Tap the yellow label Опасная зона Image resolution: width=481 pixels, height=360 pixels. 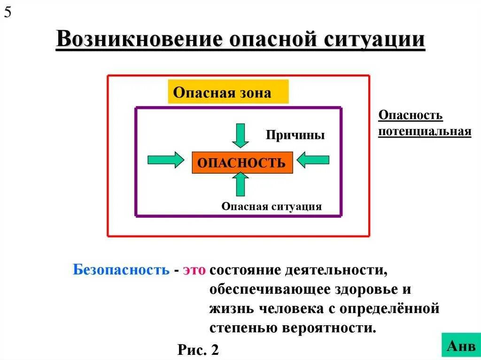(x=228, y=92)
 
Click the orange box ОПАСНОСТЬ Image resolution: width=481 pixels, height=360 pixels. (x=241, y=162)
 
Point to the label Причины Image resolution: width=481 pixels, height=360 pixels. (x=295, y=135)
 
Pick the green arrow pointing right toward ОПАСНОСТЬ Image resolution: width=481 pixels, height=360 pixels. (x=166, y=160)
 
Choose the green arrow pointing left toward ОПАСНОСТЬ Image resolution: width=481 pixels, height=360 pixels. (x=314, y=160)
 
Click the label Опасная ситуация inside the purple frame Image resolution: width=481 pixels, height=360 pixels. (x=272, y=207)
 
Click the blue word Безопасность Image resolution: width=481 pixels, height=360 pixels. (x=121, y=270)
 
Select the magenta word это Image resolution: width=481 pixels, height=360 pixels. (x=194, y=270)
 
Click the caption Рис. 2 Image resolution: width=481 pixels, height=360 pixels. (x=199, y=349)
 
